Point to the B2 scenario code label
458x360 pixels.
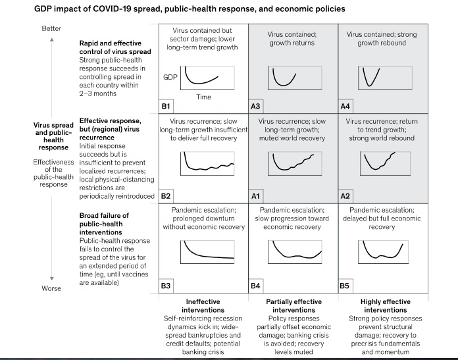[x=166, y=195]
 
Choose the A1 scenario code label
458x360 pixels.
[x=257, y=195]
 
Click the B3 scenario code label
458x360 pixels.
[x=166, y=286]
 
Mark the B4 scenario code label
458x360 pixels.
[x=257, y=286]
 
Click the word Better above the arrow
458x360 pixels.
[x=51, y=28]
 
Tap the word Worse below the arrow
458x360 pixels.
[x=51, y=288]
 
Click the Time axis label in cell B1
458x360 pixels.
[x=203, y=97]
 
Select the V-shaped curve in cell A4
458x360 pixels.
[x=370, y=78]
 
